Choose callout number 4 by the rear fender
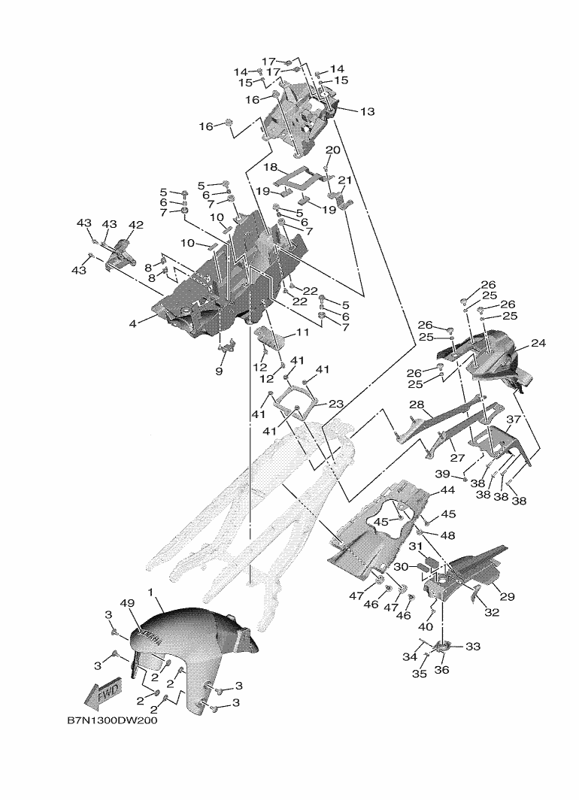[132, 324]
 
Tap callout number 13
[367, 112]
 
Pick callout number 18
[270, 166]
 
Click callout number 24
[538, 343]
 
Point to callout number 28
[417, 405]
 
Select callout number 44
[447, 489]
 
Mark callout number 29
[507, 596]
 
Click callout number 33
[474, 646]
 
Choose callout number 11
[302, 332]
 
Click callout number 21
[345, 180]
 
